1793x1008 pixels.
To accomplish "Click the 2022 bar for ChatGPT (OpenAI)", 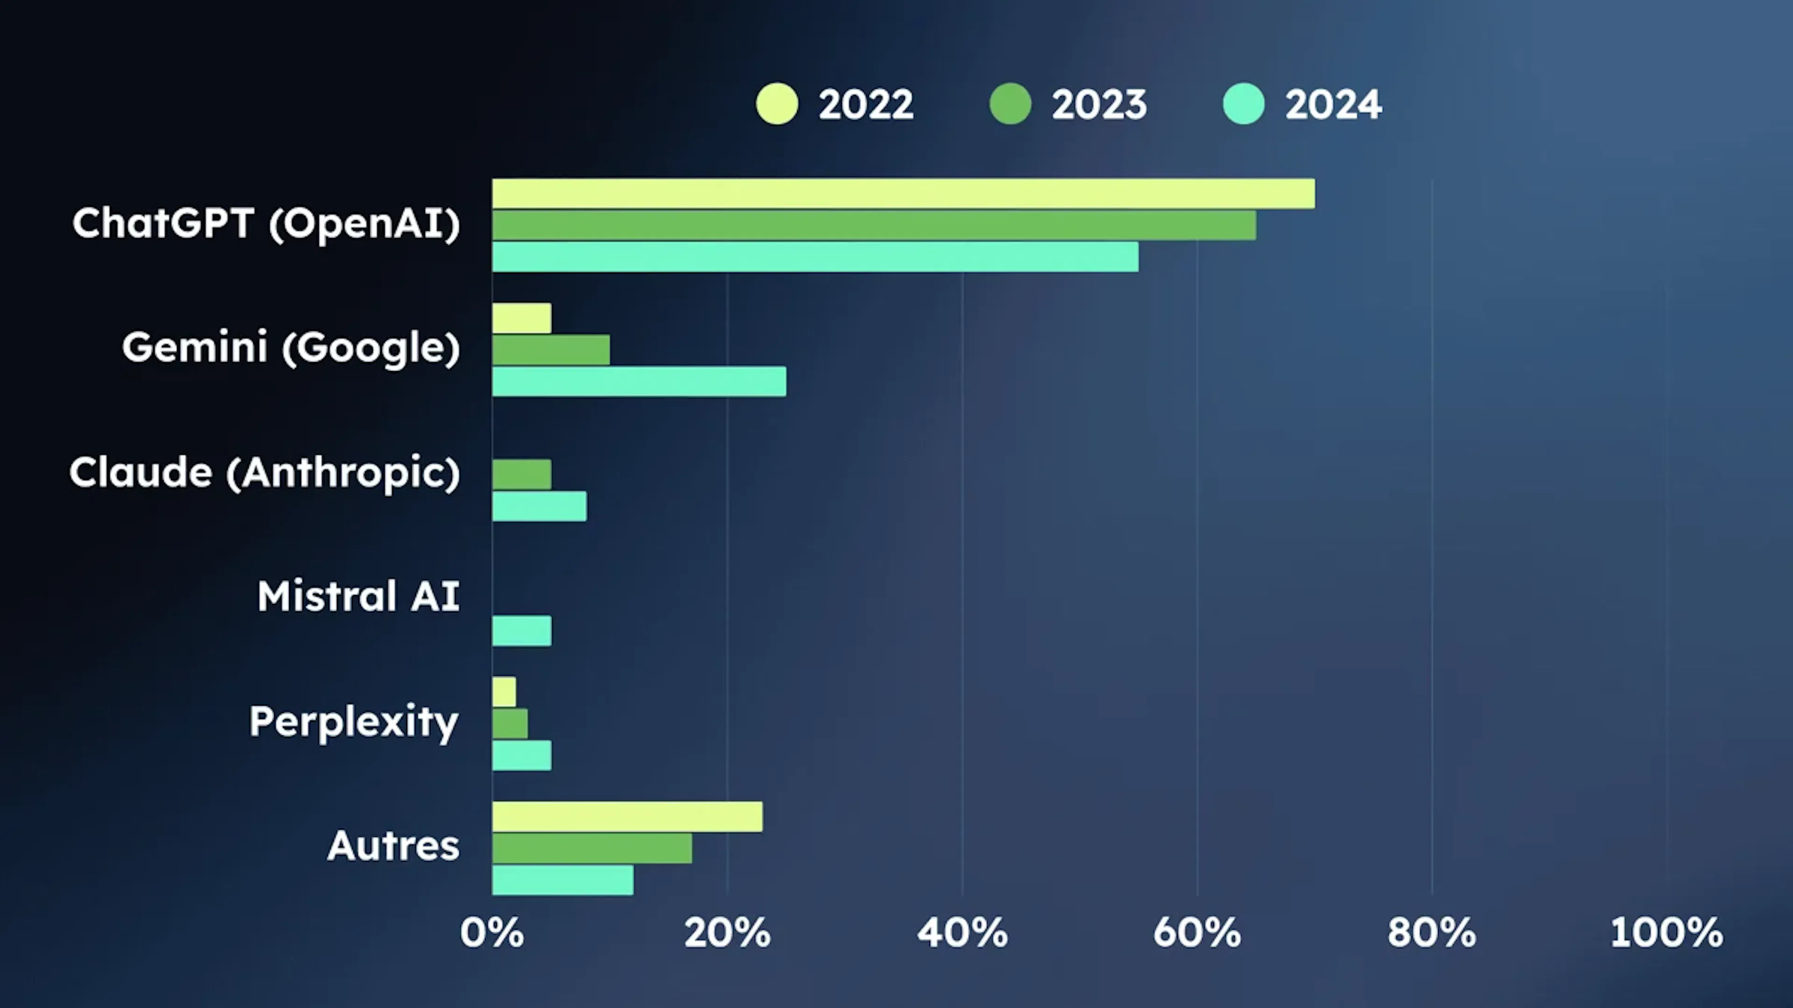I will pyautogui.click(x=903, y=193).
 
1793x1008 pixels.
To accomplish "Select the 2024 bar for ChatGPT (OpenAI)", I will pyautogui.click(x=815, y=257).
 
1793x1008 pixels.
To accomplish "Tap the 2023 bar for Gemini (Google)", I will pyautogui.click(x=551, y=350).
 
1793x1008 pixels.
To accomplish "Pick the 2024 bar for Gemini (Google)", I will pyautogui.click(x=639, y=381).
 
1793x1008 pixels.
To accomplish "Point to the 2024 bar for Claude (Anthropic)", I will pyautogui.click(x=539, y=506).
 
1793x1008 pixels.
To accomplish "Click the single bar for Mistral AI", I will pyautogui.click(x=522, y=631).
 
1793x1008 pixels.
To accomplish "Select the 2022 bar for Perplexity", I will pyautogui.click(x=504, y=692).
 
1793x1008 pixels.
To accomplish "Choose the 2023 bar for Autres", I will pyautogui.click(x=592, y=848).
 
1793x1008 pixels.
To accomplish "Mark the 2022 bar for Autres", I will pyautogui.click(x=627, y=817).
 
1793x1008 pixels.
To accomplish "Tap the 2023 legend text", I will pyautogui.click(x=1099, y=105).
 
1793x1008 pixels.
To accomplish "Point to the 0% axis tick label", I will pyautogui.click(x=491, y=932).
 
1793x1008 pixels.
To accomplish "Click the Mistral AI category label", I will pyautogui.click(x=359, y=596).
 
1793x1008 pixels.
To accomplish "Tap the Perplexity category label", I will pyautogui.click(x=353, y=721).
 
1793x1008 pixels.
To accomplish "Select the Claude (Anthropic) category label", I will pyautogui.click(x=264, y=472).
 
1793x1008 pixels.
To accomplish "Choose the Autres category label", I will pyautogui.click(x=393, y=846).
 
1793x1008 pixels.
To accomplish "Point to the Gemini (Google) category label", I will pyautogui.click(x=291, y=347).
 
